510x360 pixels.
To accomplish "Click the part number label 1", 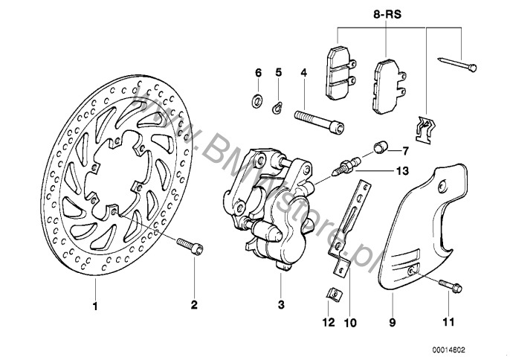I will tap(94, 303).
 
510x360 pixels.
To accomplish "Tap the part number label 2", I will tap(193, 303).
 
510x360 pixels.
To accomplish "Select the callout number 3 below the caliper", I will tap(281, 303).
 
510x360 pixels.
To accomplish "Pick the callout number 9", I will tap(392, 323).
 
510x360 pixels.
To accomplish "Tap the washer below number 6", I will tap(258, 100).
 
